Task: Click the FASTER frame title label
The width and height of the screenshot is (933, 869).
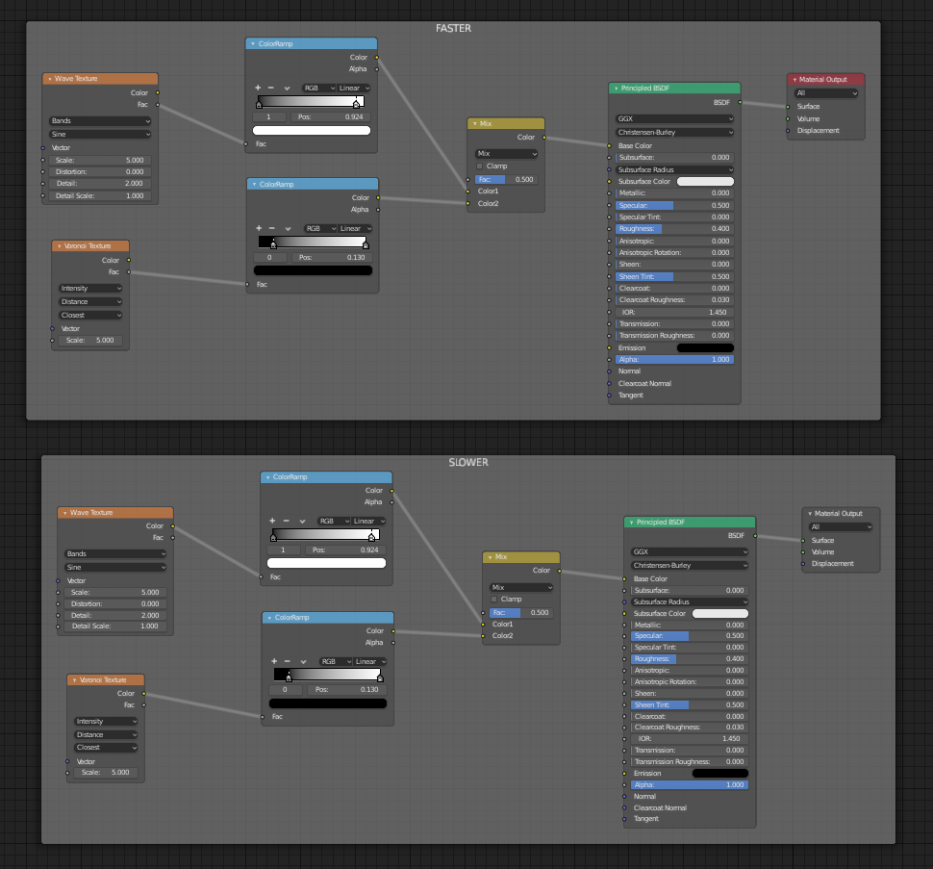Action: click(453, 28)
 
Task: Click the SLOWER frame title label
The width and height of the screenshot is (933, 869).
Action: click(468, 462)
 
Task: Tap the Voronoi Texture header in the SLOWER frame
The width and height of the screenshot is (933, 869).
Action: click(105, 679)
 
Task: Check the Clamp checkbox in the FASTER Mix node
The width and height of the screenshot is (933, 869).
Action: click(480, 166)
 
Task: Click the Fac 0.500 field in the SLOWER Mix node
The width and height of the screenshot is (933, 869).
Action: click(520, 612)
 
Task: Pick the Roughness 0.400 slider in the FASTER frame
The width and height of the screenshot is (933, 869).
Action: click(673, 229)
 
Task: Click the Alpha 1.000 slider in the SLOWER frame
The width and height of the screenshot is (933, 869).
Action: click(689, 784)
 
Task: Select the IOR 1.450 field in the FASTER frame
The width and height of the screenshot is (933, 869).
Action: click(673, 312)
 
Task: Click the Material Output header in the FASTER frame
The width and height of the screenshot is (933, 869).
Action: click(825, 79)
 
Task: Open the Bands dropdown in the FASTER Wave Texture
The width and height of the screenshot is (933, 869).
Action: click(100, 121)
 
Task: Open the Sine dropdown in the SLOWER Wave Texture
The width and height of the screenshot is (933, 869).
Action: click(115, 568)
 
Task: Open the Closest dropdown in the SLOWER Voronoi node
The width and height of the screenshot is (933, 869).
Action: click(106, 747)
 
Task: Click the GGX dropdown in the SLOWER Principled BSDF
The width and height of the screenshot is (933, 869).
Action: click(689, 552)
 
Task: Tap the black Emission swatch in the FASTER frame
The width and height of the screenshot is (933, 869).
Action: click(705, 347)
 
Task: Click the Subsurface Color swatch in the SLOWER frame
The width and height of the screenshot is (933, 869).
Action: click(720, 613)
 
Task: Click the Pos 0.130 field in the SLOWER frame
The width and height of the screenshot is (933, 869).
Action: click(353, 689)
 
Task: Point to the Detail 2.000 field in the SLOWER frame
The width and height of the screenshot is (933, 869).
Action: click(115, 614)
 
